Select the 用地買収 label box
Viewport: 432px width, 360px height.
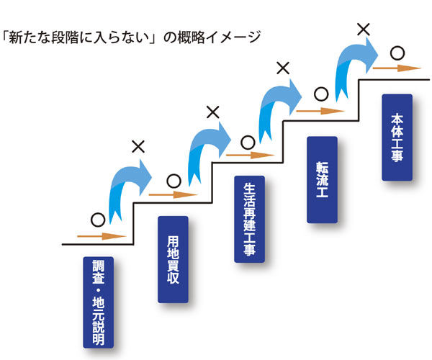coord(173,258)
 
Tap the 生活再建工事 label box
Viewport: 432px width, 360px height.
coord(249,219)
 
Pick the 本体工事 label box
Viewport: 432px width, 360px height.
coord(397,138)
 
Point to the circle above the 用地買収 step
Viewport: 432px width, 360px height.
coord(173,180)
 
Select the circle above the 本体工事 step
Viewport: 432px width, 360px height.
coord(397,53)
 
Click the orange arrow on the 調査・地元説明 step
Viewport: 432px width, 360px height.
coord(102,235)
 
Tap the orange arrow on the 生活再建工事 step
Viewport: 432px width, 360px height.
coord(249,153)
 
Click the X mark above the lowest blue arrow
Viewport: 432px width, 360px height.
coord(138,147)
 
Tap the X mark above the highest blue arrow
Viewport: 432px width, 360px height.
coord(364,30)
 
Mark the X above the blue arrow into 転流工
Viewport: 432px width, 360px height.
coord(283,69)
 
